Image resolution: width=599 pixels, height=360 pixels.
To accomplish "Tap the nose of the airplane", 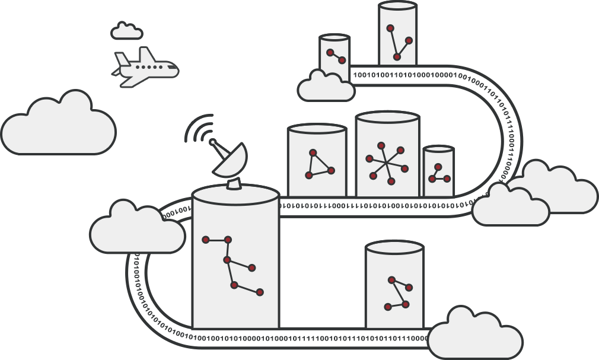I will pos(176,69).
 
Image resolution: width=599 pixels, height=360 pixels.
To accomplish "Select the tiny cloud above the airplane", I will pos(126,31).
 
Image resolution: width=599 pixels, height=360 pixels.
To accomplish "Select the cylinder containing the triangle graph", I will pos(316,161).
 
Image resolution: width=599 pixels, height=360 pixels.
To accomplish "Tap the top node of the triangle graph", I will pos(313,152).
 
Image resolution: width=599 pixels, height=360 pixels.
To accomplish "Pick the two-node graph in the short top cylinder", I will pos(336,56).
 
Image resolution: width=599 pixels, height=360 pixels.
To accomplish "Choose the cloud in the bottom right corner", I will pos(474,335).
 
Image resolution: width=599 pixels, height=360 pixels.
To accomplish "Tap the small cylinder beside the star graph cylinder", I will pos(439,171).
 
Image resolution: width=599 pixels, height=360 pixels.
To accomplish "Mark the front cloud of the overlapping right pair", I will pos(510,205).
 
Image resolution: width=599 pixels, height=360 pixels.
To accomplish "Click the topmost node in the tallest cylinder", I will pos(390,28).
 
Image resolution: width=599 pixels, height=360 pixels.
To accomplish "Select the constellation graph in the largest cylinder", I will pos(233,264).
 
